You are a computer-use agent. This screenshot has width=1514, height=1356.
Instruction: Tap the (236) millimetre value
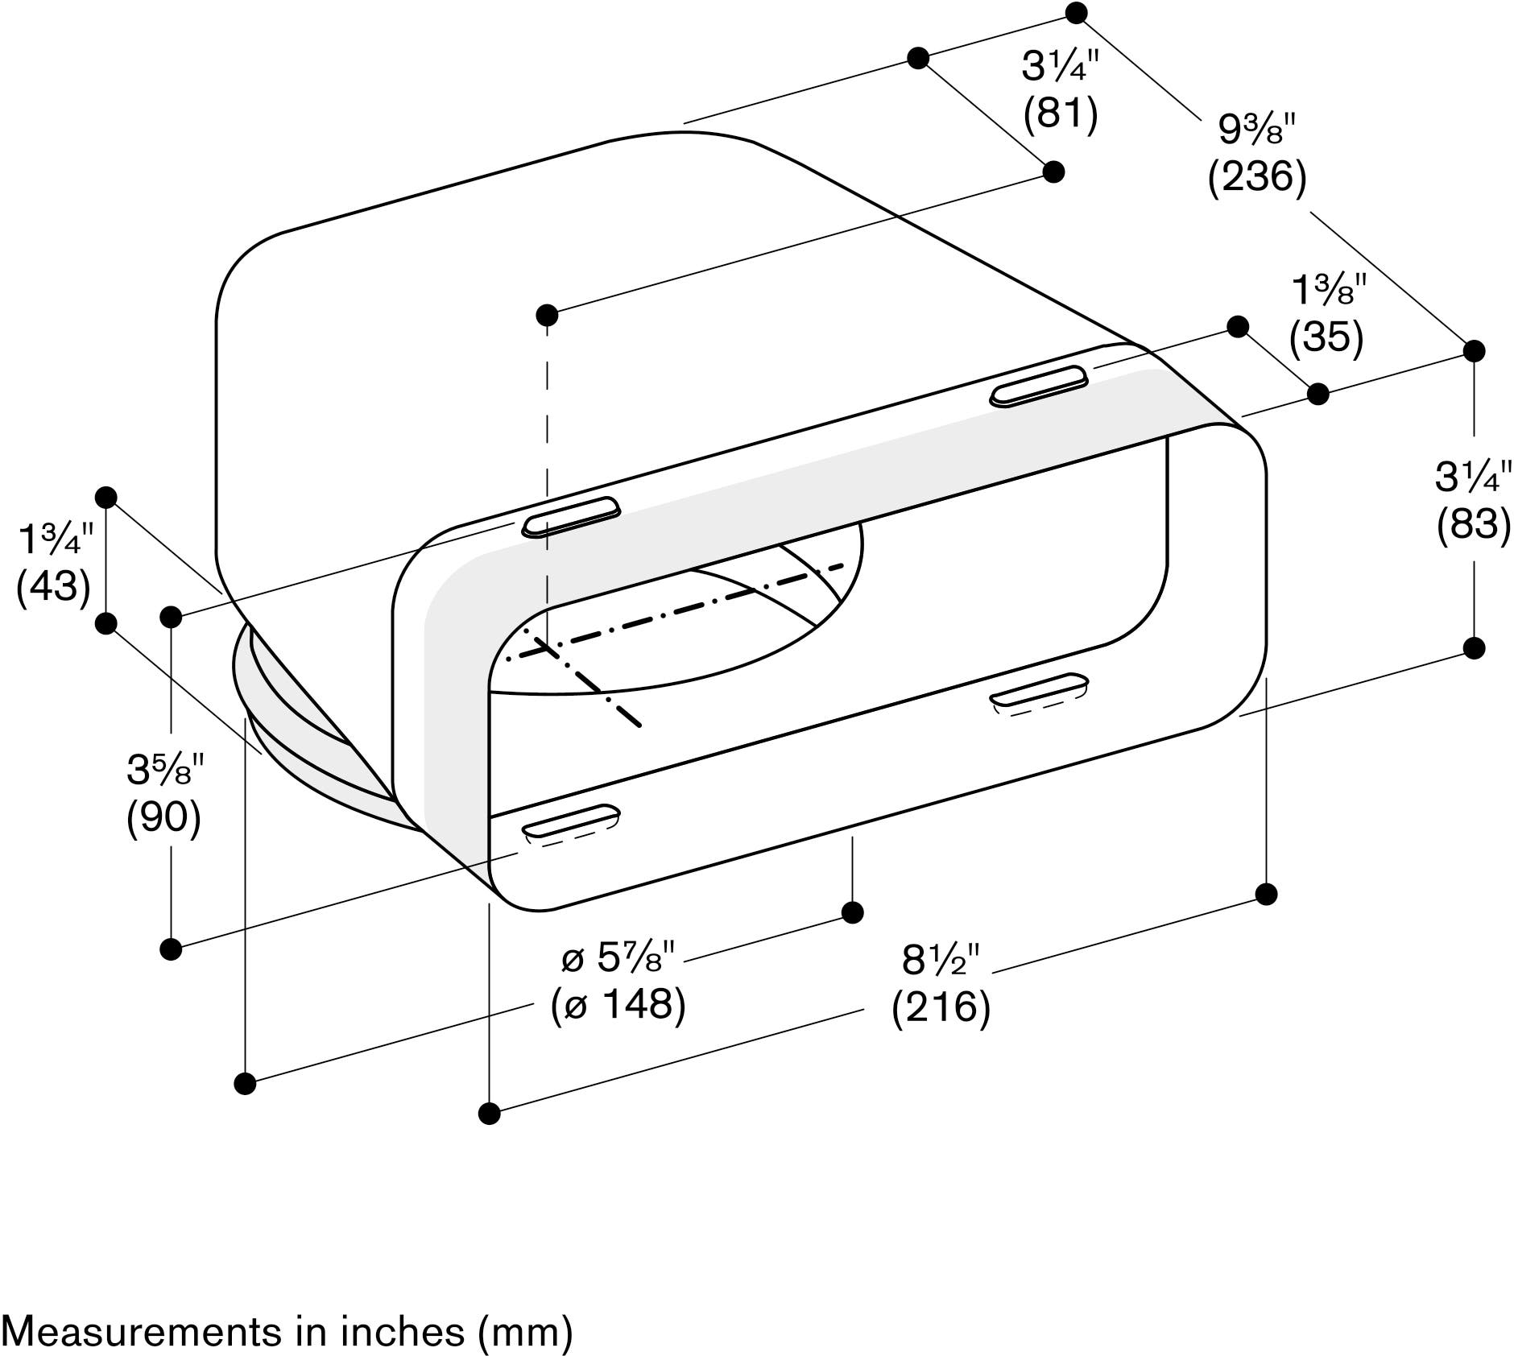[x=1256, y=176]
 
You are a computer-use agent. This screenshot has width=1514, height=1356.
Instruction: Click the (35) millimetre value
[x=1326, y=337]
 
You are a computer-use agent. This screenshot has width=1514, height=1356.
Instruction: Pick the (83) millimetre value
[x=1474, y=524]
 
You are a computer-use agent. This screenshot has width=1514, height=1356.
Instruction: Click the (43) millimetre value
[x=53, y=586]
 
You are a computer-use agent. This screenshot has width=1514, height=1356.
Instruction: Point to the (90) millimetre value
[x=163, y=818]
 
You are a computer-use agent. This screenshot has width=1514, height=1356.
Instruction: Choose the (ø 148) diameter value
[x=618, y=1005]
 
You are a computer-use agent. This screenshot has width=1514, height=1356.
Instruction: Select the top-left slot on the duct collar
[x=571, y=517]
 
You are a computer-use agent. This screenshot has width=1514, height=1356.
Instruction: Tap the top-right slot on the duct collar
[x=1039, y=386]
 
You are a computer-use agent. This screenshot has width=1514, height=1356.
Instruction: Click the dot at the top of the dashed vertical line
[x=547, y=313]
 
